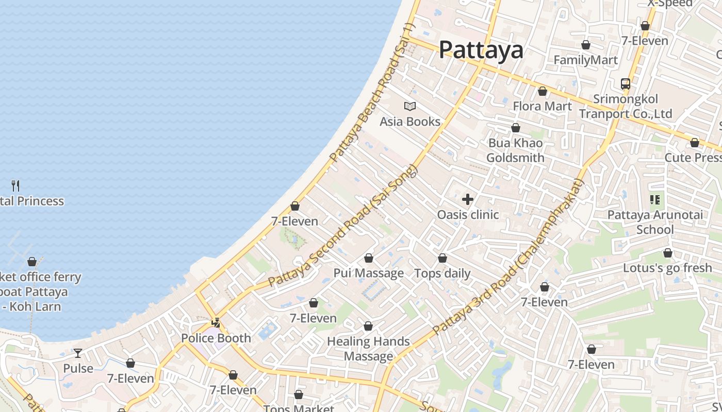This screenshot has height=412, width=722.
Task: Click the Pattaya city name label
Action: point(481,50)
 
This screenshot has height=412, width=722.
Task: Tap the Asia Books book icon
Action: point(410,107)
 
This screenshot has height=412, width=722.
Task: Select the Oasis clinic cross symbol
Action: point(468,199)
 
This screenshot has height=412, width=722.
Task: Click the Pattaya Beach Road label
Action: point(373,93)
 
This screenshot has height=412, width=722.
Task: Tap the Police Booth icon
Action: point(216,323)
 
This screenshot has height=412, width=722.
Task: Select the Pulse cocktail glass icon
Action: point(78,353)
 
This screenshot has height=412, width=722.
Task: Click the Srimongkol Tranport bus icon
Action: point(626,83)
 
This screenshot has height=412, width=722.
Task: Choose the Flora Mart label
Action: point(542,106)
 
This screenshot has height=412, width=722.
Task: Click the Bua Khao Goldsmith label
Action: point(515,150)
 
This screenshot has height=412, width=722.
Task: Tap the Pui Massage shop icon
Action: point(369,258)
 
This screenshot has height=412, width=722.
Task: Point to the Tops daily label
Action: point(442,273)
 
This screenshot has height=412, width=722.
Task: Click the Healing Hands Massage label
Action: point(368,349)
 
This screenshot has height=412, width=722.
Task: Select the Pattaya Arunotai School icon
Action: point(655,199)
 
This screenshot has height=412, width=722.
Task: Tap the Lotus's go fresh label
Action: point(667,268)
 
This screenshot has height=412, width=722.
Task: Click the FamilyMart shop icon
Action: point(586,45)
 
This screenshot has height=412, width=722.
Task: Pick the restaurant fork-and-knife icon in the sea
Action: point(15,185)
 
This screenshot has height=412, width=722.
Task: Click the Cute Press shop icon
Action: point(695,143)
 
